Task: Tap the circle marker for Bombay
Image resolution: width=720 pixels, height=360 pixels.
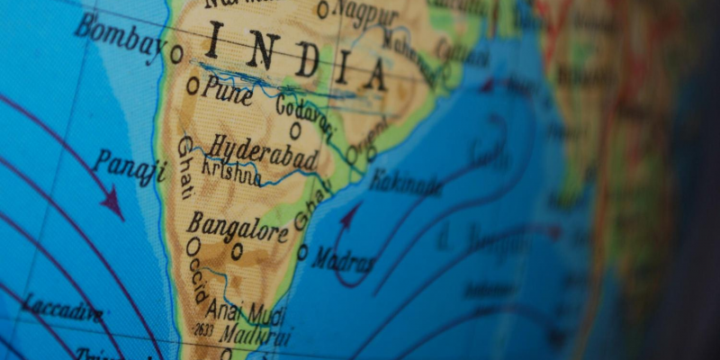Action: coord(176,54)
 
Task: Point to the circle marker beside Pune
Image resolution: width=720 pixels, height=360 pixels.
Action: coord(193,86)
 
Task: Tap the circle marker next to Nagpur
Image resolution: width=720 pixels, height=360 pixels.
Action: coord(322,10)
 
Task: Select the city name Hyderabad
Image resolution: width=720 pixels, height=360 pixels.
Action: coord(263,151)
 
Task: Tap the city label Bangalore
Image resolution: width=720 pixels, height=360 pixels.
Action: coord(237,227)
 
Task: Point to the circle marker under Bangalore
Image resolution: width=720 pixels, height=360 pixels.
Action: coord(237,252)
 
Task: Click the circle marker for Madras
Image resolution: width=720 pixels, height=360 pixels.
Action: coord(302,252)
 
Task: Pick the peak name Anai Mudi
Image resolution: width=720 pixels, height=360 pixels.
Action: coord(254,313)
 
